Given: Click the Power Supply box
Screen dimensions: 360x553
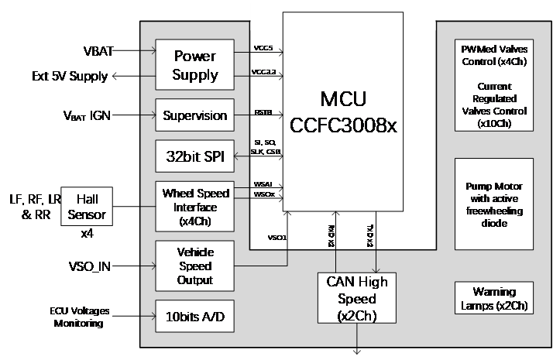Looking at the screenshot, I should [x=195, y=66].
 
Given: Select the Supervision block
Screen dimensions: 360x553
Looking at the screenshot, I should [x=195, y=115].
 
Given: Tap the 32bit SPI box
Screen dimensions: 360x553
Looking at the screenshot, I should [x=195, y=156].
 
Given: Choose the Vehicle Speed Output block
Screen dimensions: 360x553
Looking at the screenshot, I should [x=195, y=266].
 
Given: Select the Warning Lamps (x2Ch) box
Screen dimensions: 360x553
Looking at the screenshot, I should [x=494, y=298].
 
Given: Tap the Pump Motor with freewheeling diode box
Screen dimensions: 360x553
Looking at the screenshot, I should [x=494, y=204].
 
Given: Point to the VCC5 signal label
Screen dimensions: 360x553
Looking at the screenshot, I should [x=263, y=48].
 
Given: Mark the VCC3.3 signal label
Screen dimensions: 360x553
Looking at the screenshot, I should [x=264, y=74].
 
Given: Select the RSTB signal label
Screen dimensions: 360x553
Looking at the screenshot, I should [x=263, y=111].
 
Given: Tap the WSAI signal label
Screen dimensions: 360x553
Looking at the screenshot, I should [x=263, y=184].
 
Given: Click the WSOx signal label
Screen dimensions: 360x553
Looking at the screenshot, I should [x=263, y=194].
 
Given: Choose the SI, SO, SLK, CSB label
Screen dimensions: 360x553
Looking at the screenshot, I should [x=266, y=147].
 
